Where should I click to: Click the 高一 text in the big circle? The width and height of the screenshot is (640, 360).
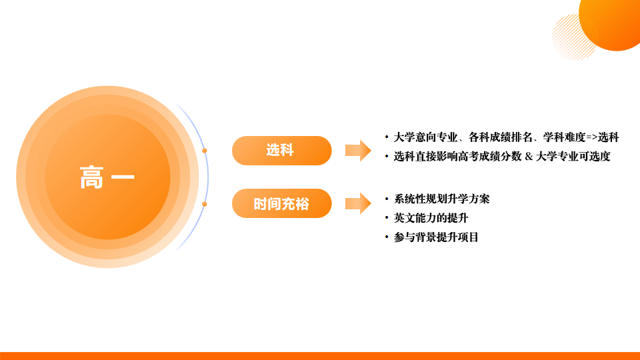click(107, 178)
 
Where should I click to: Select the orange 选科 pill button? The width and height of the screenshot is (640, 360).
click(281, 151)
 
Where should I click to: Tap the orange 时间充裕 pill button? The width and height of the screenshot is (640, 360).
click(281, 204)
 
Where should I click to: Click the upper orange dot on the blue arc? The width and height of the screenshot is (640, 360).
click(205, 151)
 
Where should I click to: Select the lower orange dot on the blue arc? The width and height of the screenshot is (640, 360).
click(205, 204)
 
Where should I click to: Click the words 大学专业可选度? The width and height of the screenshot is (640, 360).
click(573, 157)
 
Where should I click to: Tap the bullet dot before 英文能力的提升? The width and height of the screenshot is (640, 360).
click(387, 218)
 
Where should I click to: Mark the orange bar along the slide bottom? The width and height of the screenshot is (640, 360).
click(320, 356)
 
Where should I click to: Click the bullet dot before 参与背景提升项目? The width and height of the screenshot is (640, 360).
click(387, 237)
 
